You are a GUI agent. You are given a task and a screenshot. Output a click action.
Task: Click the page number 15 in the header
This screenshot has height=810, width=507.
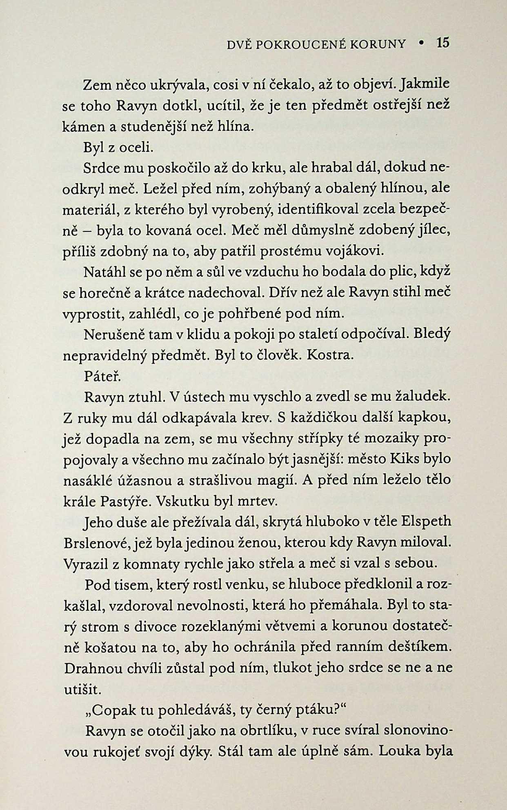tap(443, 42)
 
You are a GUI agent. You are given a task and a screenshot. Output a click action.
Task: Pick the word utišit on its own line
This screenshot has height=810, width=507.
tap(82, 689)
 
